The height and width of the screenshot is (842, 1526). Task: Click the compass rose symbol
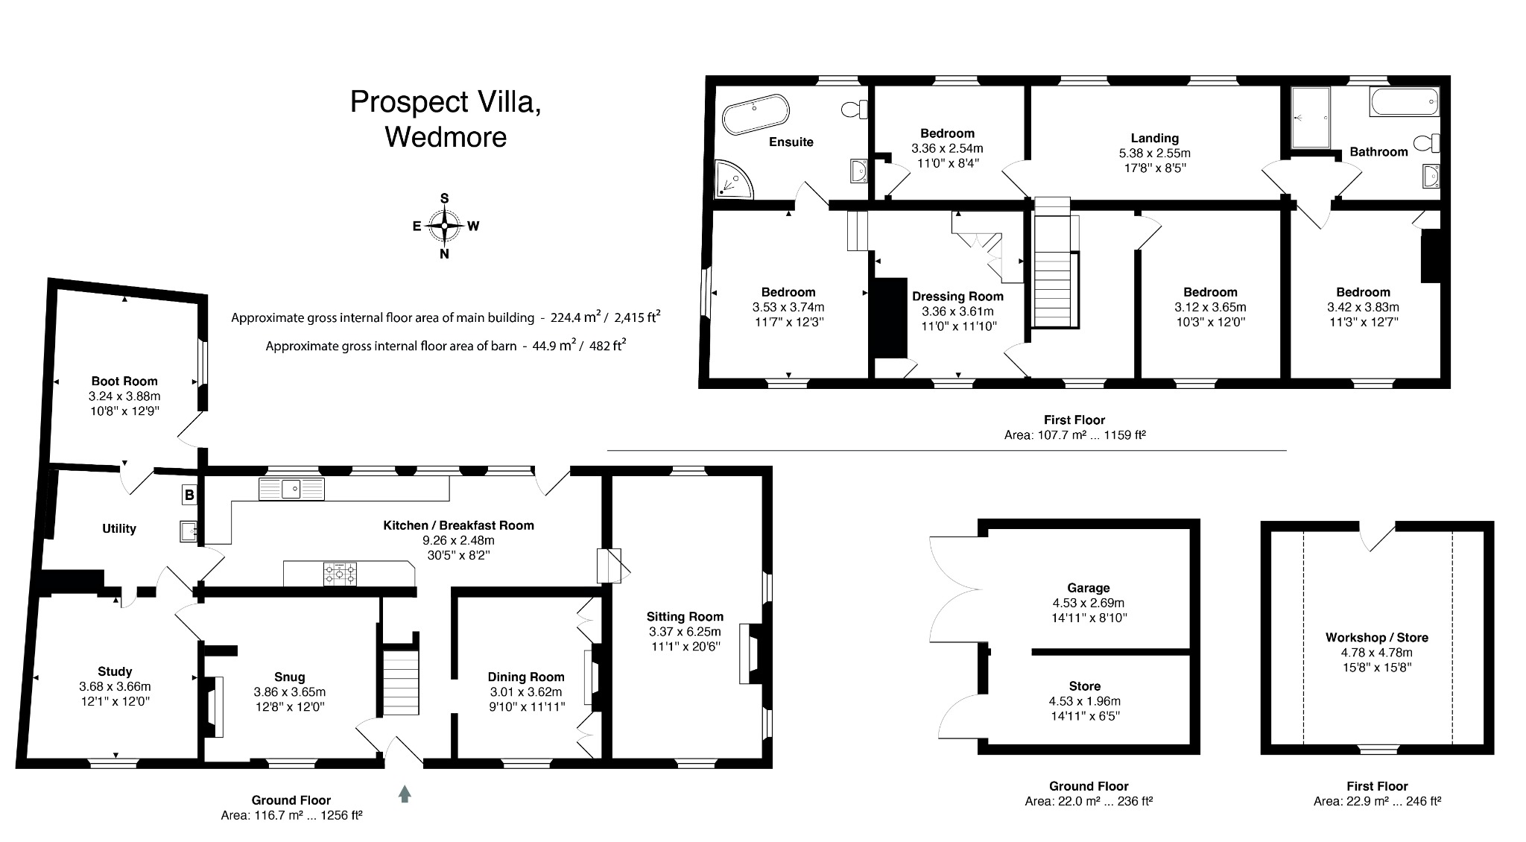445,226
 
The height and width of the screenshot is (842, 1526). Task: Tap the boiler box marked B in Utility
189,495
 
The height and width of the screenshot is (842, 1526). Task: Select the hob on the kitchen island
340,574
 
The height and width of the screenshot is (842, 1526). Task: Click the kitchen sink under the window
291,489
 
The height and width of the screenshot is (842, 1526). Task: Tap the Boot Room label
124,381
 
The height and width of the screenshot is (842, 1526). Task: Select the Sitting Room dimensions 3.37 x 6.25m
685,632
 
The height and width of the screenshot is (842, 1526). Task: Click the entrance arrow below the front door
405,794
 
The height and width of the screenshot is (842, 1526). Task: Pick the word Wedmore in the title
446,137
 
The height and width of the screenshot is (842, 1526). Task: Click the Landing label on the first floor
1154,138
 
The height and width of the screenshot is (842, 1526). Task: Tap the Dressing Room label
957,296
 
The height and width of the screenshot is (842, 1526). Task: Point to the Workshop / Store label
1376,637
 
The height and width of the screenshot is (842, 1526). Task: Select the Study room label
115,671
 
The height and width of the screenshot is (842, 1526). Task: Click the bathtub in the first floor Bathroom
1403,101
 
